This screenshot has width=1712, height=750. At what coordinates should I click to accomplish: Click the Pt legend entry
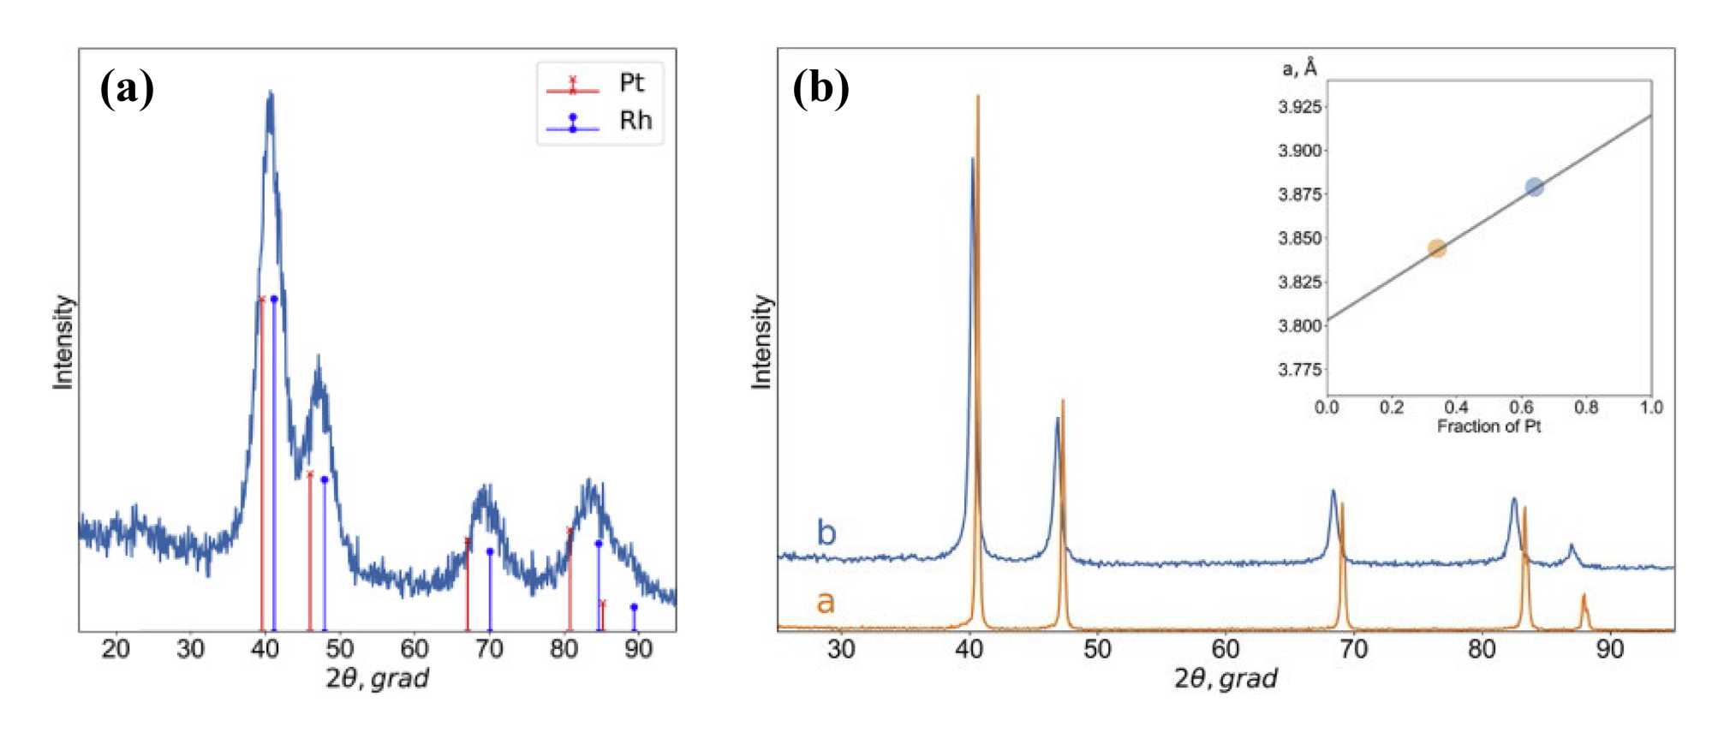click(599, 84)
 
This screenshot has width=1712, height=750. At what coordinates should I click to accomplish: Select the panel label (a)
click(127, 87)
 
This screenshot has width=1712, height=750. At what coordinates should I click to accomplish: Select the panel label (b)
click(820, 87)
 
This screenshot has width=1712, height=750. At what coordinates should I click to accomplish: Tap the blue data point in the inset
click(1534, 187)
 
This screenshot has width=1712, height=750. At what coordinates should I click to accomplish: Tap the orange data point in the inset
click(1437, 248)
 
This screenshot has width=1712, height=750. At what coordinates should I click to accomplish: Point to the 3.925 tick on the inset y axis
click(1300, 107)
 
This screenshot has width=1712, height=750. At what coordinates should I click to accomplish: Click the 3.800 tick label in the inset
click(1300, 325)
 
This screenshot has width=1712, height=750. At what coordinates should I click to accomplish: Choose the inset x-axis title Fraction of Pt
click(1488, 426)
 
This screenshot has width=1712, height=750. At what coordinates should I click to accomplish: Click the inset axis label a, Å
click(1299, 68)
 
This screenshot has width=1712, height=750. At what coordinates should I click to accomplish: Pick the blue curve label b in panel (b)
click(826, 533)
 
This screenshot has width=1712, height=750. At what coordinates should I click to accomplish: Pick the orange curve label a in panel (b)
click(825, 602)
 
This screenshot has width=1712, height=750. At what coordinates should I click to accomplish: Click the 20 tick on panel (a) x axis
click(116, 649)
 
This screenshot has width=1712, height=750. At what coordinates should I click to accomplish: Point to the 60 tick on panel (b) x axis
click(1225, 649)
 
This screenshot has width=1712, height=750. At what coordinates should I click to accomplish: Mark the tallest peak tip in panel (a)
click(271, 92)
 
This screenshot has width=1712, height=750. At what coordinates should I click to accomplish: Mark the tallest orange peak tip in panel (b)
click(977, 97)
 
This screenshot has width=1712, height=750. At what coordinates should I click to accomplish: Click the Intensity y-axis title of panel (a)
click(63, 342)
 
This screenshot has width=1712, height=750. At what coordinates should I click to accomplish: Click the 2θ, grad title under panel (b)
click(1225, 679)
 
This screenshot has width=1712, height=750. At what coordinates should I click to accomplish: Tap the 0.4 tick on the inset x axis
click(1456, 408)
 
